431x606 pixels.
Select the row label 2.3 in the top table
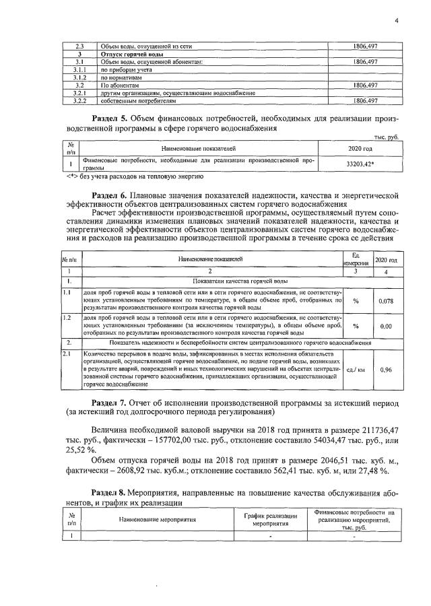click(x=79, y=46)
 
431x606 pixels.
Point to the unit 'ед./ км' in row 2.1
click(x=356, y=370)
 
